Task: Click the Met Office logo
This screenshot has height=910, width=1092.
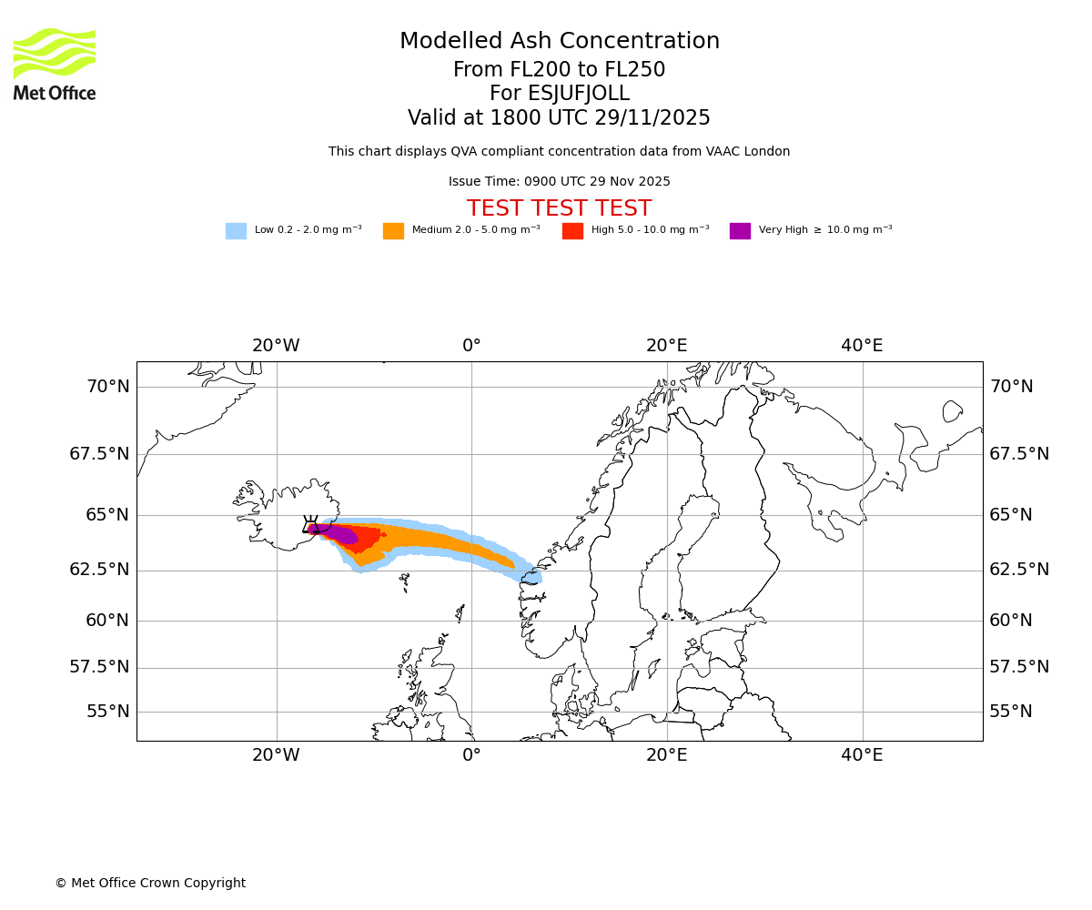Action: pyautogui.click(x=55, y=64)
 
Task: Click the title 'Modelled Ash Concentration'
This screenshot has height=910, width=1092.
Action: pyautogui.click(x=559, y=42)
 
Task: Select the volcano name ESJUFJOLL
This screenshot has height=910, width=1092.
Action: pyautogui.click(x=559, y=94)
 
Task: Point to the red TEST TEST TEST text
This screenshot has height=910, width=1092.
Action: pyautogui.click(x=559, y=209)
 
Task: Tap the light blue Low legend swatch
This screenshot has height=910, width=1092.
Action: pyautogui.click(x=236, y=231)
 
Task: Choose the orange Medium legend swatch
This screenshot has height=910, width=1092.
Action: pyautogui.click(x=393, y=231)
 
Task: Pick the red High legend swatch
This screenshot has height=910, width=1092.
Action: pyautogui.click(x=572, y=231)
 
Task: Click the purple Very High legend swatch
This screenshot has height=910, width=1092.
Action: pyautogui.click(x=740, y=231)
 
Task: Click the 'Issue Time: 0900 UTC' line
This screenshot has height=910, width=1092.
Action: pyautogui.click(x=559, y=182)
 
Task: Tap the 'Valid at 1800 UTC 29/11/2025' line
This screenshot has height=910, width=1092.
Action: pyautogui.click(x=559, y=118)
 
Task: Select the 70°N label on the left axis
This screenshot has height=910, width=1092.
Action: pyautogui.click(x=107, y=387)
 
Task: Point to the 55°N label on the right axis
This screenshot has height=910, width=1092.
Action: pyautogui.click(x=1011, y=712)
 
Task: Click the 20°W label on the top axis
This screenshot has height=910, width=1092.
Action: pyautogui.click(x=276, y=346)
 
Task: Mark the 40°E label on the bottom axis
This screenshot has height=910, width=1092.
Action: pyautogui.click(x=862, y=755)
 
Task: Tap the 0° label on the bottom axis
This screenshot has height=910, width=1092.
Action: pyautogui.click(x=471, y=755)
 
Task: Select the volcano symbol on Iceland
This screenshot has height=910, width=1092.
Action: pyautogui.click(x=310, y=525)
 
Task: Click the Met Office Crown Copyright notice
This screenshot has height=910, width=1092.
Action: pyautogui.click(x=150, y=884)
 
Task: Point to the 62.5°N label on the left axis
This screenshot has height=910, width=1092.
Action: pyautogui.click(x=99, y=570)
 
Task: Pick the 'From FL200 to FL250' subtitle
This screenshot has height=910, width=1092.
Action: pyautogui.click(x=559, y=70)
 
